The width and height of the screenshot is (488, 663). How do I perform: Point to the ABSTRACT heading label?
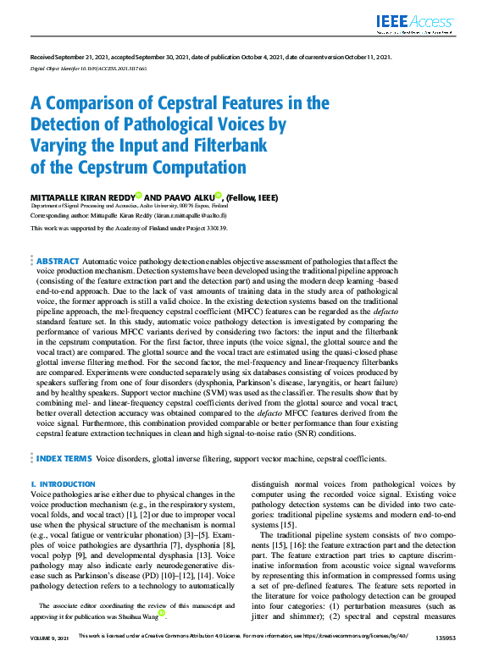[58, 262]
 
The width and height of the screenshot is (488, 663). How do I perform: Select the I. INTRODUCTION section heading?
[63, 484]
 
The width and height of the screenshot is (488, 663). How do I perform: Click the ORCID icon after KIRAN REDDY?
[138, 196]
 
